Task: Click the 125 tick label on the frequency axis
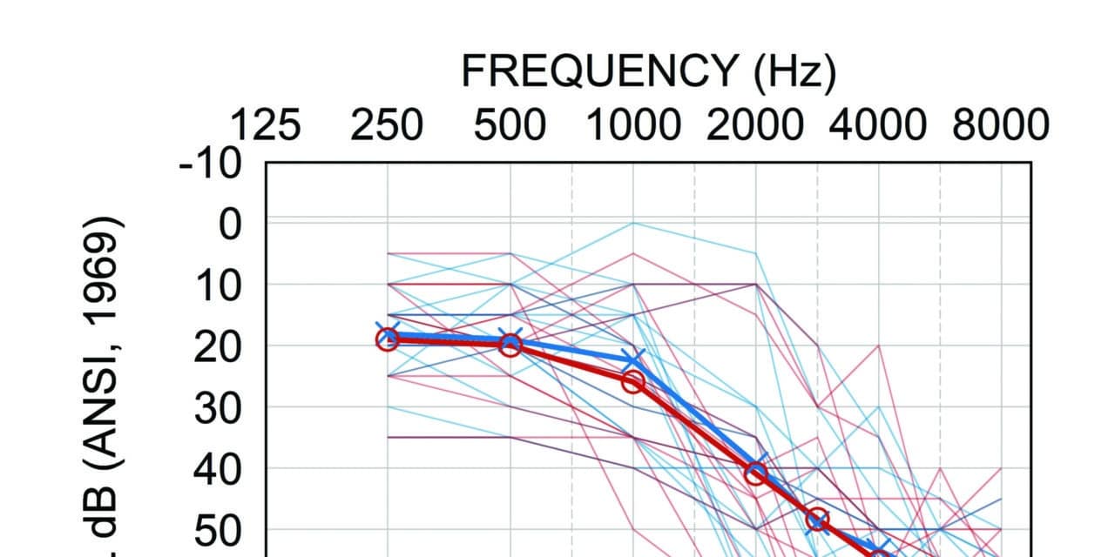[x=265, y=126]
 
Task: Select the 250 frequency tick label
[x=387, y=126]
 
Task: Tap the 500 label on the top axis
[x=510, y=126]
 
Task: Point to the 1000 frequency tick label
[x=632, y=126]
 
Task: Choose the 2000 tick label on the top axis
[x=755, y=126]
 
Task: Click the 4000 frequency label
[x=878, y=126]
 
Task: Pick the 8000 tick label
[x=1000, y=126]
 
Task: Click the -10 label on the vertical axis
[x=210, y=163]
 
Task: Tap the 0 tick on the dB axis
[x=229, y=224]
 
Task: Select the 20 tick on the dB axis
[x=218, y=346]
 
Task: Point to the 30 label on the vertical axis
[x=218, y=408]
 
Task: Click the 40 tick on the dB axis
[x=218, y=469]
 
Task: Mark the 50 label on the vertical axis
[x=218, y=530]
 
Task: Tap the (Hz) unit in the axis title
[x=792, y=71]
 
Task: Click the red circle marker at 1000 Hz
[x=632, y=381]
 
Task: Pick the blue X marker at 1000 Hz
[x=633, y=358]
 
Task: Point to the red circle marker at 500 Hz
[x=510, y=346]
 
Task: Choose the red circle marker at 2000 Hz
[x=755, y=473]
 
